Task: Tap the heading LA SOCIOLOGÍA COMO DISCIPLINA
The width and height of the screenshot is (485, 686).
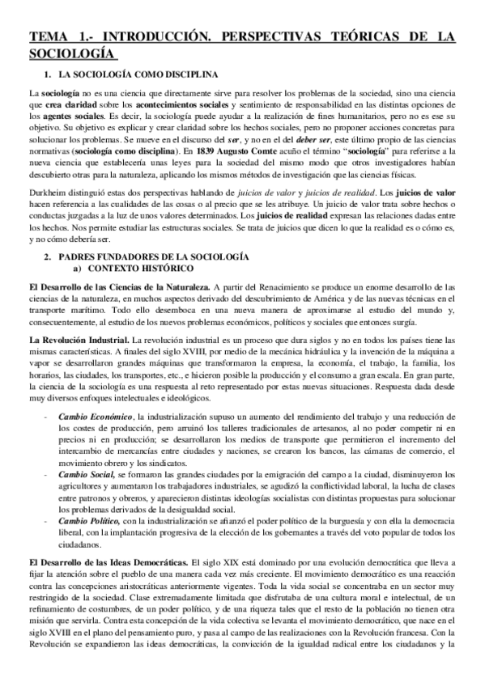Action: tap(138, 74)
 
